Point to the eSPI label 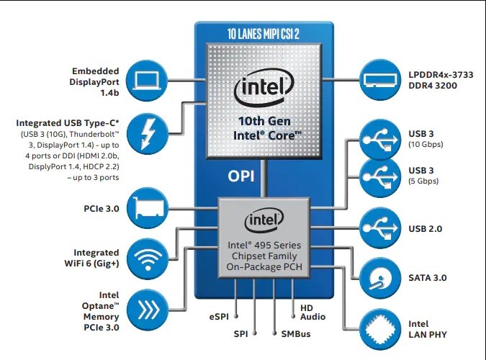click(220, 317)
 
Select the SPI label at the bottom click(241, 335)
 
